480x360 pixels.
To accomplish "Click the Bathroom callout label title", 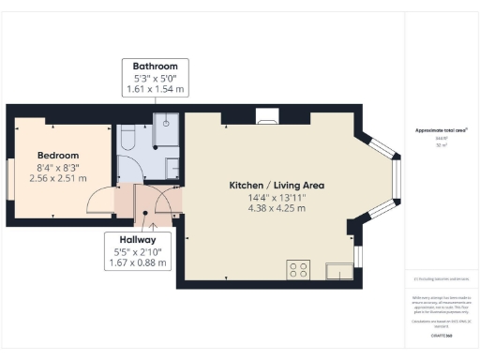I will point(156,67).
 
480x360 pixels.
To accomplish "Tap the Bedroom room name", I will point(58,155).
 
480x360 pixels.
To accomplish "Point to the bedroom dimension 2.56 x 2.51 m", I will point(58,177).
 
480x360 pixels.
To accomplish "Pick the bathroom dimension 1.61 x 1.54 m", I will point(156,89).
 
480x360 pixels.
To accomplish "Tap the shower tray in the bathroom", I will point(166,129).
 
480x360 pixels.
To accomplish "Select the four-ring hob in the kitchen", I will point(299,270).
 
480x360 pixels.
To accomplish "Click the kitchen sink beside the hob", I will point(336,271).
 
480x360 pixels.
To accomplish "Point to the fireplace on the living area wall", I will point(266,117).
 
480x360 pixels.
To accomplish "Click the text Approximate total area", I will point(440,130).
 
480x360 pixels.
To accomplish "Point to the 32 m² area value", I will point(440,145).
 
